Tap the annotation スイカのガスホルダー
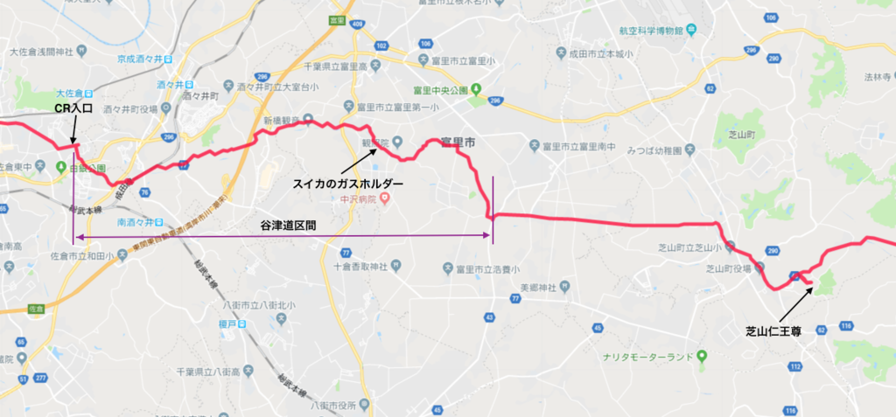pyautogui.click(x=347, y=184)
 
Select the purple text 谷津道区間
pyautogui.click(x=288, y=225)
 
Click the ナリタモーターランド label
pyautogui.click(x=647, y=357)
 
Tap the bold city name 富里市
pyautogui.click(x=458, y=142)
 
